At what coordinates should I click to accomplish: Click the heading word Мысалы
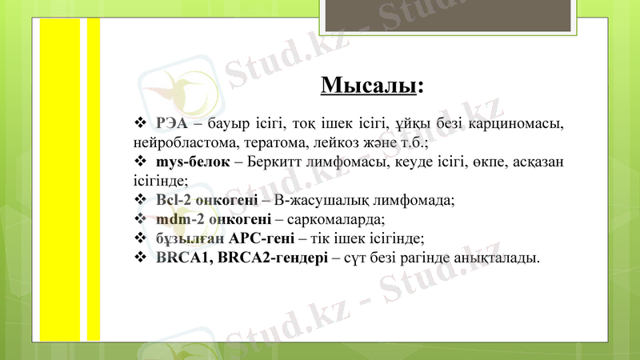pos(369,84)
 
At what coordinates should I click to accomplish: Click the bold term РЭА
pos(172,123)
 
